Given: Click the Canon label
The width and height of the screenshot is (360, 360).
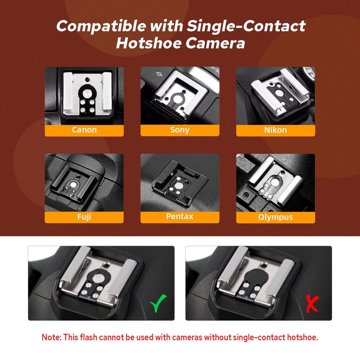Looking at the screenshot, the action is tap(84, 130).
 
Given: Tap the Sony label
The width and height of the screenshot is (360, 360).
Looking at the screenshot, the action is tap(180, 130).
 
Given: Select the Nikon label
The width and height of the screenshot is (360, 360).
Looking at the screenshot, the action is tap(275, 130).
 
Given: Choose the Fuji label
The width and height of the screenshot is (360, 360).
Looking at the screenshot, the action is tap(84, 217).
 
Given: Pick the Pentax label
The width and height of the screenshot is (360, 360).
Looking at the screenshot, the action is tap(180, 217).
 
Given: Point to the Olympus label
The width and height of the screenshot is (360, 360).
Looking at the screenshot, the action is tap(275, 217).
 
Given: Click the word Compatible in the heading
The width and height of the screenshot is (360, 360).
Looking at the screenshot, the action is tap(101, 26).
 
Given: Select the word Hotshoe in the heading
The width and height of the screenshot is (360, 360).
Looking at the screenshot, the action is tap(149, 43).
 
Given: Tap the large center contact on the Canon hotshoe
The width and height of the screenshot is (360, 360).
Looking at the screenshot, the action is tap(87, 93).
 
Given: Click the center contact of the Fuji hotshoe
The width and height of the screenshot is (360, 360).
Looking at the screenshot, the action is tap(73, 185).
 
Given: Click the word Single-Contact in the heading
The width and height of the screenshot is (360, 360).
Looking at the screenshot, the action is tap(246, 26).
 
